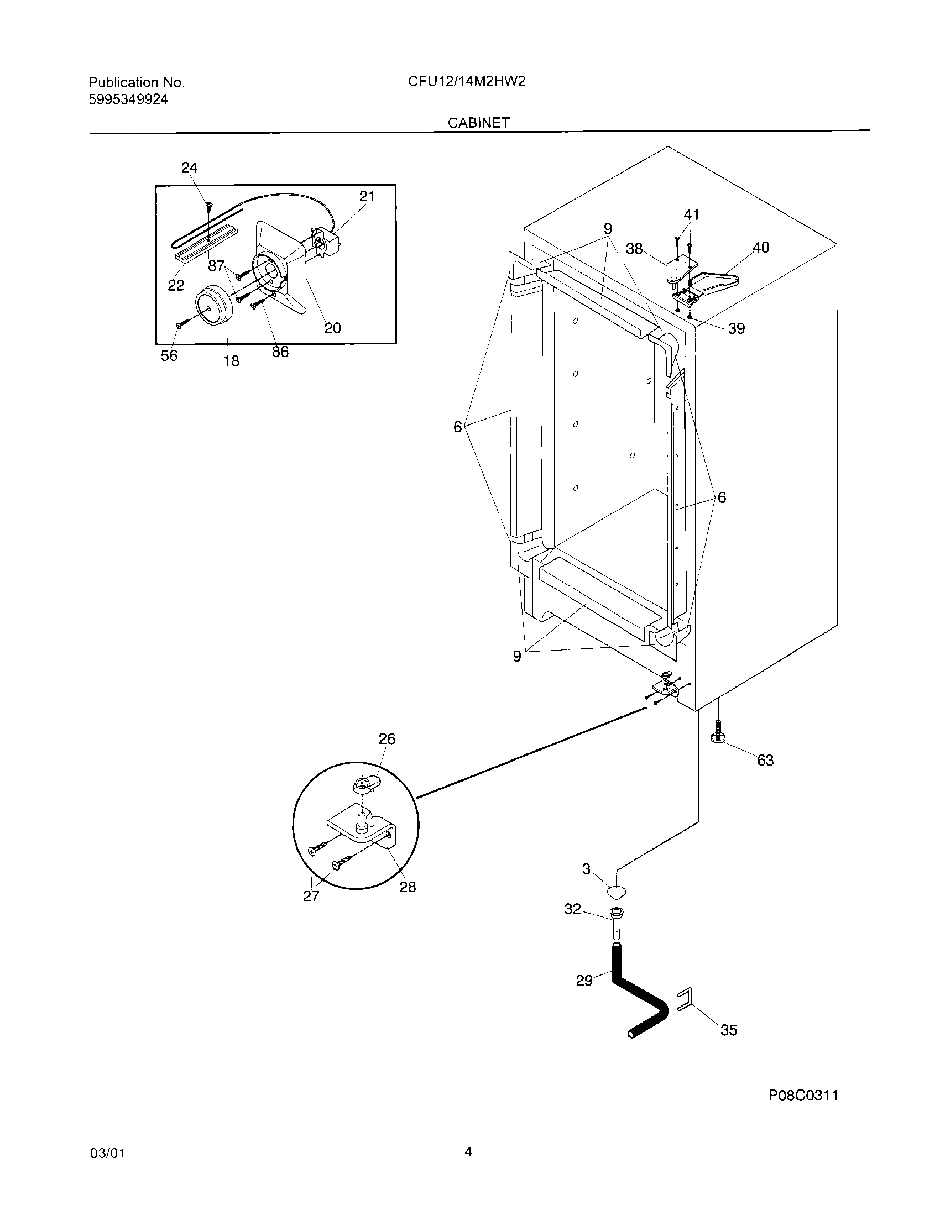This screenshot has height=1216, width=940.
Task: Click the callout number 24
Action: pos(189,167)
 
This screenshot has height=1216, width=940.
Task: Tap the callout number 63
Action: pos(765,761)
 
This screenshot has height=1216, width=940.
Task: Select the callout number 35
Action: pos(728,1030)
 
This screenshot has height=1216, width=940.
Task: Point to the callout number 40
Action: pos(761,248)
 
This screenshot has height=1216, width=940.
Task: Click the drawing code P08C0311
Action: pos(803,1112)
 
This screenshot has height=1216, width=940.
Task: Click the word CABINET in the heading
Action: pos(479,123)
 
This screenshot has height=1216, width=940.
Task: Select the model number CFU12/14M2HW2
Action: pos(467,82)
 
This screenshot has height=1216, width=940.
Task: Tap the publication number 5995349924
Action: pos(128,99)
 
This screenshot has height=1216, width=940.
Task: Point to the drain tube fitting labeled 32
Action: pos(617,924)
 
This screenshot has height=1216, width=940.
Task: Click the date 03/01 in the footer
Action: pos(107,1154)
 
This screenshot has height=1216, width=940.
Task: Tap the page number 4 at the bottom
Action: pos(468,1152)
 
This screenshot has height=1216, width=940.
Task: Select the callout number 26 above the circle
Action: pos(387,739)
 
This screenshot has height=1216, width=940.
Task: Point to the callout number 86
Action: pos(280,352)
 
